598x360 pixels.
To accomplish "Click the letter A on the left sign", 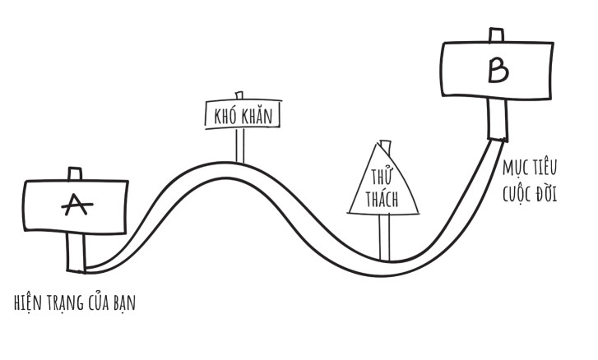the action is (77, 205).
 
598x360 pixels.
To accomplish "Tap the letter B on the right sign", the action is (498, 70).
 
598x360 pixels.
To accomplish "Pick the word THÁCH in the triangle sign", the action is (382, 199).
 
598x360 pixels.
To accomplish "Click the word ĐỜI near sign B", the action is (546, 193).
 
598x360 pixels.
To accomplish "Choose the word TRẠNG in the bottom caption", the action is (65, 302).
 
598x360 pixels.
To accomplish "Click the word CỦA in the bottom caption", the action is (99, 302).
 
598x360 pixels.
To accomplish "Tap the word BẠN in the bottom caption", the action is (124, 302).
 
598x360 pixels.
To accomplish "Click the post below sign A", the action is (76, 252).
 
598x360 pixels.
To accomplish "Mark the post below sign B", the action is (498, 119).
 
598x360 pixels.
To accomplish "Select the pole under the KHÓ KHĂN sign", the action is (240, 145).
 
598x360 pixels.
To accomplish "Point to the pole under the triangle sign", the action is (384, 237).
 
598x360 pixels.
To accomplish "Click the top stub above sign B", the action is (496, 35).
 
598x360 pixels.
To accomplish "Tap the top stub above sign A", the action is (75, 173).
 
